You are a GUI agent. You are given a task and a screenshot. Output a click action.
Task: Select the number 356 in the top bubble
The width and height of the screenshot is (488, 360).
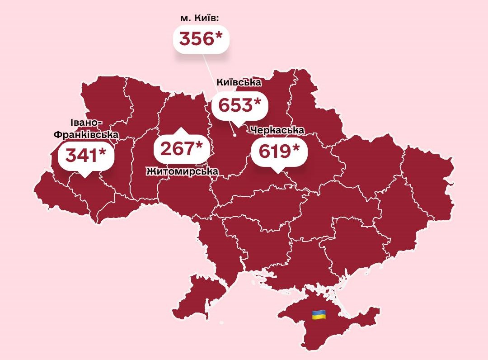196,39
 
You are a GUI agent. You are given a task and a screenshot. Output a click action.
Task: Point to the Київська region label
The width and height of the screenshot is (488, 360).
239,83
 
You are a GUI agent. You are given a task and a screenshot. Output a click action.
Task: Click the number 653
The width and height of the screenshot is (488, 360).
235,105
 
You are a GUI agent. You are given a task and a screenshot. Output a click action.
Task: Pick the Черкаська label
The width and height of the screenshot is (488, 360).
277,130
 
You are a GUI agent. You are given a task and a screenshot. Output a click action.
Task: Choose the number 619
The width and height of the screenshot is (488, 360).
274,151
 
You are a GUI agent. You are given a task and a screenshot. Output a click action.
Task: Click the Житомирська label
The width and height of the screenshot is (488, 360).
182,171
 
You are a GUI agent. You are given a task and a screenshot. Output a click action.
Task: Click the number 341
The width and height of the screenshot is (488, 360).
81,155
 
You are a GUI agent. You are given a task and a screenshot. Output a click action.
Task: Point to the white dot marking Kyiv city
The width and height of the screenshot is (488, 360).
235,135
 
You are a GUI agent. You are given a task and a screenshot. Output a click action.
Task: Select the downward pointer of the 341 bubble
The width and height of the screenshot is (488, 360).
84,174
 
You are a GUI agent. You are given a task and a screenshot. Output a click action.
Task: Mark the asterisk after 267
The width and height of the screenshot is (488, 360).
199,146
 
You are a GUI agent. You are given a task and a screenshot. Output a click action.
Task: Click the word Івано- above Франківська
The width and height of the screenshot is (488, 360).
87,123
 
